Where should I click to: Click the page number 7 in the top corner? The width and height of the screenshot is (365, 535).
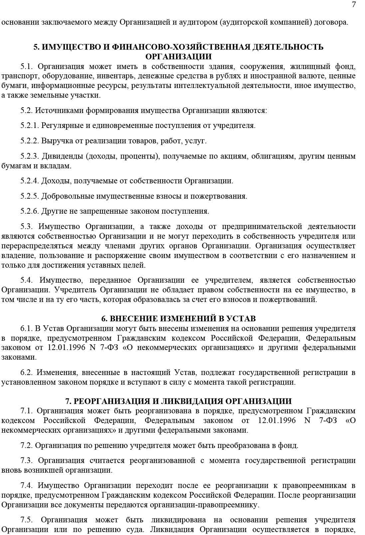click(354, 4)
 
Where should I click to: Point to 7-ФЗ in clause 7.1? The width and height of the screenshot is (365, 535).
click(328, 420)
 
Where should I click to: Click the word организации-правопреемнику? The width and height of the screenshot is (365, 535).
click(204, 505)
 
